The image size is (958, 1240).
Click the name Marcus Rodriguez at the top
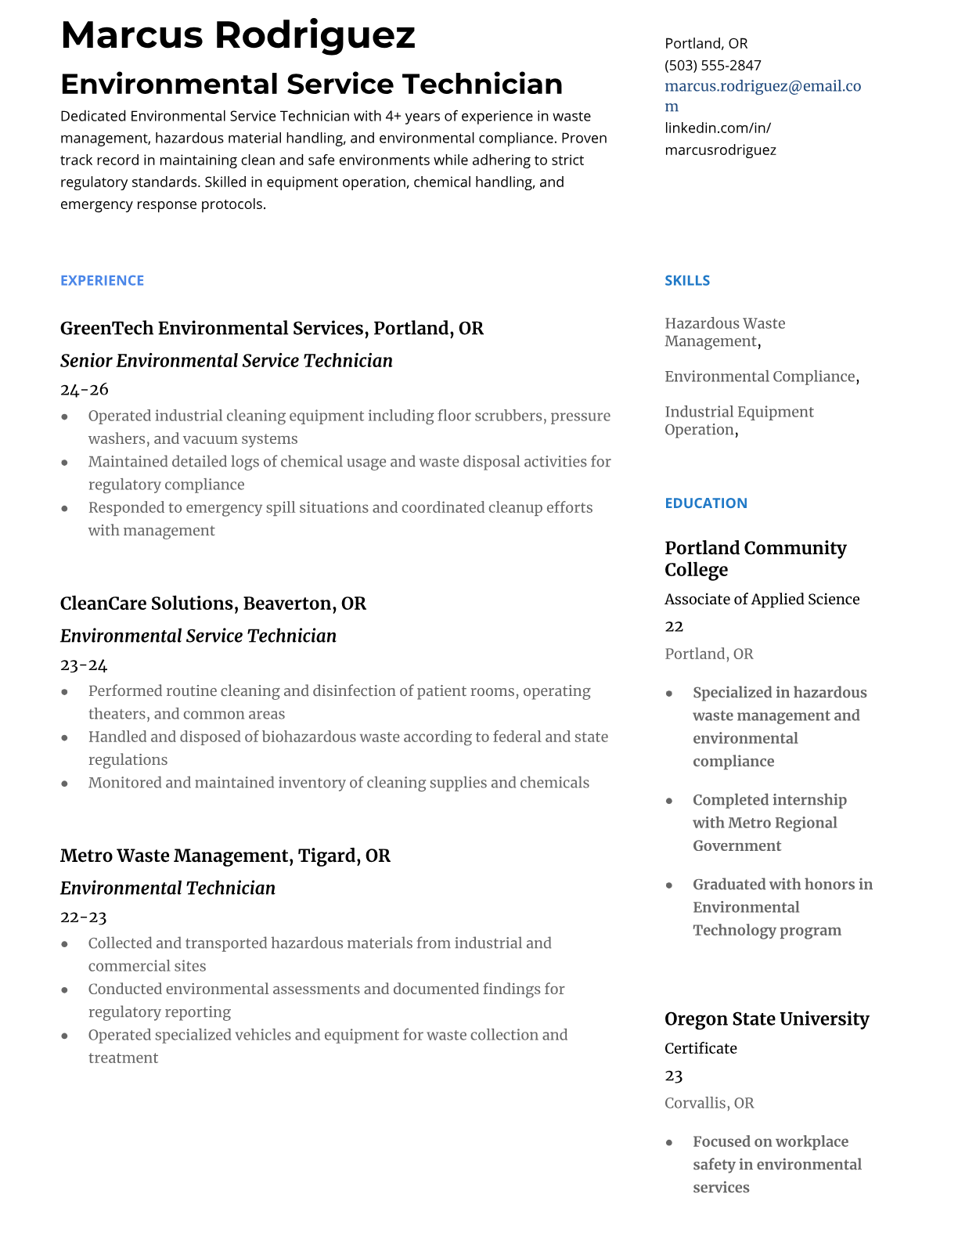238,35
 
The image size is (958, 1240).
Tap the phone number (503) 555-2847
712,65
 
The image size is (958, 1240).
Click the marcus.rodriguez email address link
762,86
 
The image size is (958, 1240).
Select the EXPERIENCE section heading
102,280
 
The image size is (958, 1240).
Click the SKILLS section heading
687,280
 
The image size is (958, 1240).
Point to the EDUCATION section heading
705,503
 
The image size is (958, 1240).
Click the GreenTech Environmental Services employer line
272,328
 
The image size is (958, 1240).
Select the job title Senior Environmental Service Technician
226,360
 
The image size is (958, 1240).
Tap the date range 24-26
85,389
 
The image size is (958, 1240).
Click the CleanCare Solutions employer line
213,604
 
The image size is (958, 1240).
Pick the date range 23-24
84,665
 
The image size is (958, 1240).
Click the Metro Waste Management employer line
225,856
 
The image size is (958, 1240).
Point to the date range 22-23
83,917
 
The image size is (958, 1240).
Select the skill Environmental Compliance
759,377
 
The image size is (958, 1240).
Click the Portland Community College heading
755,558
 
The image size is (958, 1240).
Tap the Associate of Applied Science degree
762,599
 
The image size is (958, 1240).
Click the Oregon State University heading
766,1018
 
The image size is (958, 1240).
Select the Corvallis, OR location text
709,1103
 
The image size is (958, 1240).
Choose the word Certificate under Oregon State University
700,1048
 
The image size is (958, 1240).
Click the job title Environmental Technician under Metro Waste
167,888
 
